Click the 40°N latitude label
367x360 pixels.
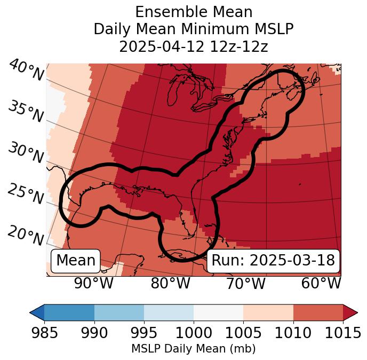[26, 71]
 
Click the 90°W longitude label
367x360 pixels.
[94, 283]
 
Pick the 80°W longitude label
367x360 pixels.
[170, 283]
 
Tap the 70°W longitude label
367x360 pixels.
[246, 283]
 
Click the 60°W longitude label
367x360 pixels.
[321, 283]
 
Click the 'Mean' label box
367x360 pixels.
[76, 261]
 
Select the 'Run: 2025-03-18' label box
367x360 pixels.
[273, 261]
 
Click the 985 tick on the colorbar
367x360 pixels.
[44, 333]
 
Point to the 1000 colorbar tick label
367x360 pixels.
[194, 333]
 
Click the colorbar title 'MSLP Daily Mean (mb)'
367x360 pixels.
[194, 349]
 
